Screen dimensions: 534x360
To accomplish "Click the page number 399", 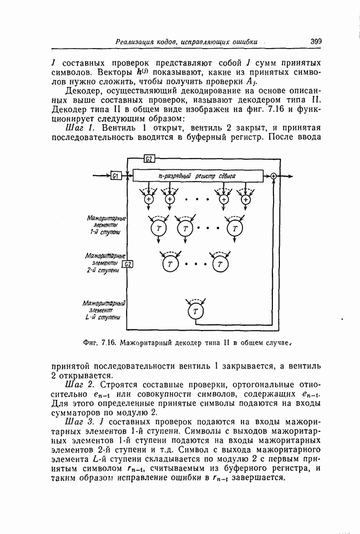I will (315, 41).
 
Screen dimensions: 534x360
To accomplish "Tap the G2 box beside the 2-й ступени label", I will (128, 264).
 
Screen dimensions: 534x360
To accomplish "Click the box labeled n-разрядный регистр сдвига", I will (198, 176).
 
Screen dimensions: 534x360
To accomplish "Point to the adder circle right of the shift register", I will (273, 176).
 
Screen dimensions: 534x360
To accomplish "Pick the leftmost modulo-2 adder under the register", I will (148, 199).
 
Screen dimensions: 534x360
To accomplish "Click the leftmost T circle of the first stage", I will (158, 228).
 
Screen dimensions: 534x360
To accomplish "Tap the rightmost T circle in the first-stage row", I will (234, 228).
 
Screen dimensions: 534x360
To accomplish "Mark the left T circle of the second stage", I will (170, 263).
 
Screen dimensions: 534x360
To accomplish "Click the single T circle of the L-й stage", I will (195, 311).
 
